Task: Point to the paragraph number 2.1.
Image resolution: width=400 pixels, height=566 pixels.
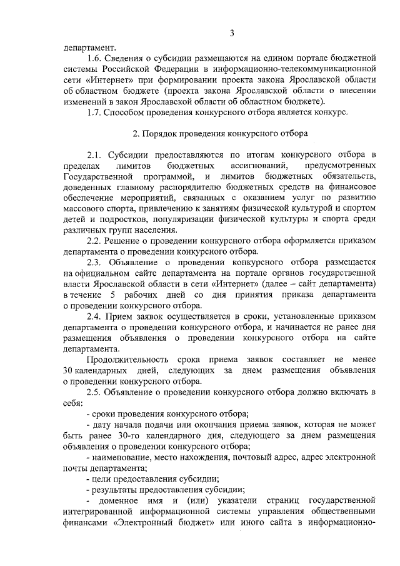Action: [x=95, y=155]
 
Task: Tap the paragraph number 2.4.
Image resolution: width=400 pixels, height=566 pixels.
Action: [x=95, y=317]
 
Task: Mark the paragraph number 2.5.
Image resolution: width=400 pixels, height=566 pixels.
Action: [x=95, y=392]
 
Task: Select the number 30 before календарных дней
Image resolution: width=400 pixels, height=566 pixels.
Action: [x=69, y=371]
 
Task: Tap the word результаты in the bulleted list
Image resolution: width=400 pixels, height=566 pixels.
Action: [x=117, y=489]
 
